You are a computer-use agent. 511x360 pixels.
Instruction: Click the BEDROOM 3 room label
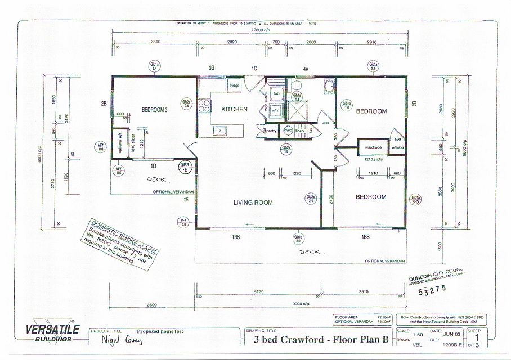pyautogui.click(x=154, y=110)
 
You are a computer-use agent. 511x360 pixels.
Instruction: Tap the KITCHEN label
pyautogui.click(x=234, y=109)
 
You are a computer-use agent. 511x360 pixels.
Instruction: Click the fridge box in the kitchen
pyautogui.click(x=235, y=85)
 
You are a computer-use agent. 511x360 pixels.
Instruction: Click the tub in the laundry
pyautogui.click(x=276, y=93)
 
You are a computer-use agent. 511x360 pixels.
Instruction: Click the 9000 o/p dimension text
pyautogui.click(x=299, y=305)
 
